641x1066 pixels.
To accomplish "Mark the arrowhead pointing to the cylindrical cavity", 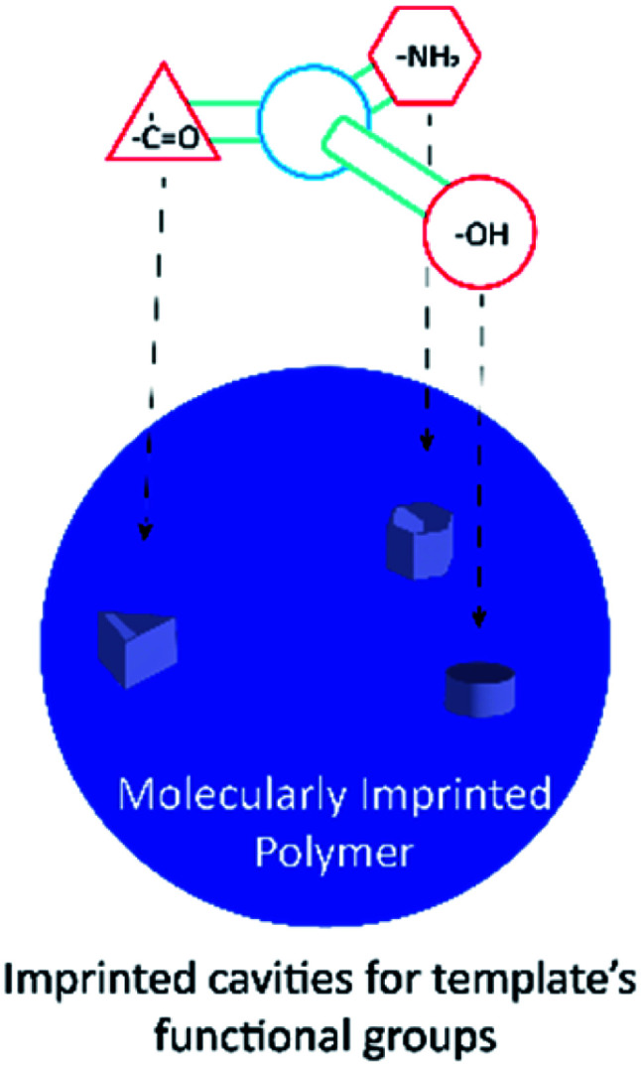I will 479,620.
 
